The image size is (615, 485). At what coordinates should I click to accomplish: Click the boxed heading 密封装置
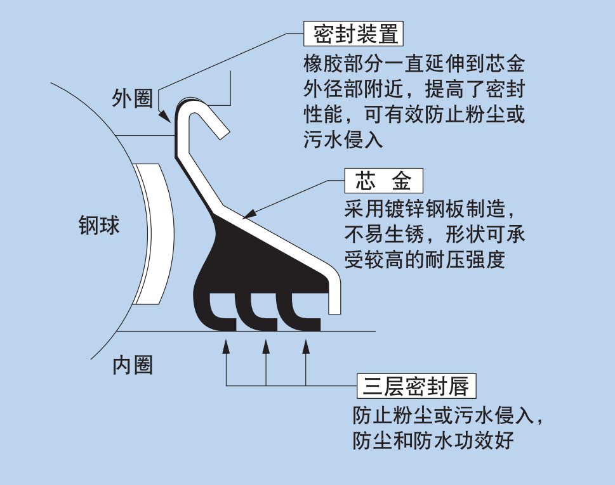point(354,34)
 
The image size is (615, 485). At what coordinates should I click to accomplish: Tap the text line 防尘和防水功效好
point(433,440)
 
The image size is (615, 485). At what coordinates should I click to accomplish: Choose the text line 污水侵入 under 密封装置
point(344,139)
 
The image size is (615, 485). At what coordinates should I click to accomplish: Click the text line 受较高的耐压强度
point(425,259)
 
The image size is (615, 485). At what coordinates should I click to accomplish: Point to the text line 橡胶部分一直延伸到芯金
point(414,64)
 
